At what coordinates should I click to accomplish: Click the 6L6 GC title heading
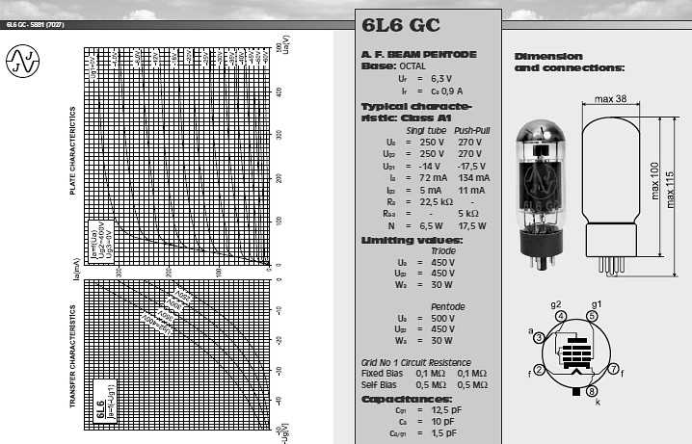pos(401,26)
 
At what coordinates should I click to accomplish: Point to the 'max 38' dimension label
pos(611,99)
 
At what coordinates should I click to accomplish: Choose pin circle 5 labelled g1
pos(594,315)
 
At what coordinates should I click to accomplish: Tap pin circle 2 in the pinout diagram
pos(541,370)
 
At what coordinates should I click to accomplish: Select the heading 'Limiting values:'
pos(411,240)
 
